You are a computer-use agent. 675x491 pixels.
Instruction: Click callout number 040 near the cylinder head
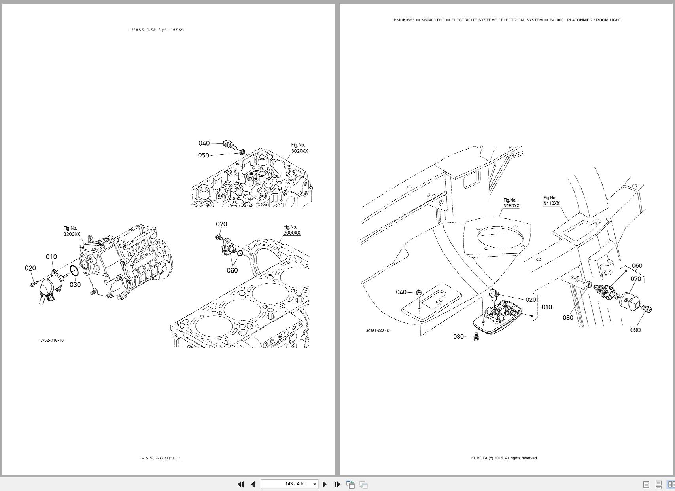pyautogui.click(x=204, y=143)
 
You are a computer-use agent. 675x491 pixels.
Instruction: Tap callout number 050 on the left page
pyautogui.click(x=203, y=155)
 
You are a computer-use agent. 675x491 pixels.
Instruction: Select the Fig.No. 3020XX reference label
pyautogui.click(x=299, y=148)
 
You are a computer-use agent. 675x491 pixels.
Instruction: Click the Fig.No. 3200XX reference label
pyautogui.click(x=72, y=231)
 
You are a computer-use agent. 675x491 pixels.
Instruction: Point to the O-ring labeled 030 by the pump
pyautogui.click(x=74, y=271)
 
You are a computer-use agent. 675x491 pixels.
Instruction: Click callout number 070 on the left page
pyautogui.click(x=221, y=224)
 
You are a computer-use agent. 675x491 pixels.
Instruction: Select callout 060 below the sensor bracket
pyautogui.click(x=232, y=270)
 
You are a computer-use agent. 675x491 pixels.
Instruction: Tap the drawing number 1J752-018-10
pyautogui.click(x=51, y=340)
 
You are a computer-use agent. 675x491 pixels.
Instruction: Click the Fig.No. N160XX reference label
pyautogui.click(x=511, y=203)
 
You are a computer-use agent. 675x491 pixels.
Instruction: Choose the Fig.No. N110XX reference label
pyautogui.click(x=551, y=201)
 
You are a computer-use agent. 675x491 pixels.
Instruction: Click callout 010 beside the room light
pyautogui.click(x=546, y=307)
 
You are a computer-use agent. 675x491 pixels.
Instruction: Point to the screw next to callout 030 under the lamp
pyautogui.click(x=476, y=337)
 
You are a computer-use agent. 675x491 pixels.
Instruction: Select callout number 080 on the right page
pyautogui.click(x=567, y=318)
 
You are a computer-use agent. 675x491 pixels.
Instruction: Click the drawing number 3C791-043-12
pyautogui.click(x=378, y=330)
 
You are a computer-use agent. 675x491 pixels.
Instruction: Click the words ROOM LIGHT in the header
pyautogui.click(x=609, y=20)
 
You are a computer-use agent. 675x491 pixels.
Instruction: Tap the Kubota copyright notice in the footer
pyautogui.click(x=504, y=458)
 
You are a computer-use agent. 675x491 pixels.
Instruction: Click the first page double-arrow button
pyautogui.click(x=240, y=484)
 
